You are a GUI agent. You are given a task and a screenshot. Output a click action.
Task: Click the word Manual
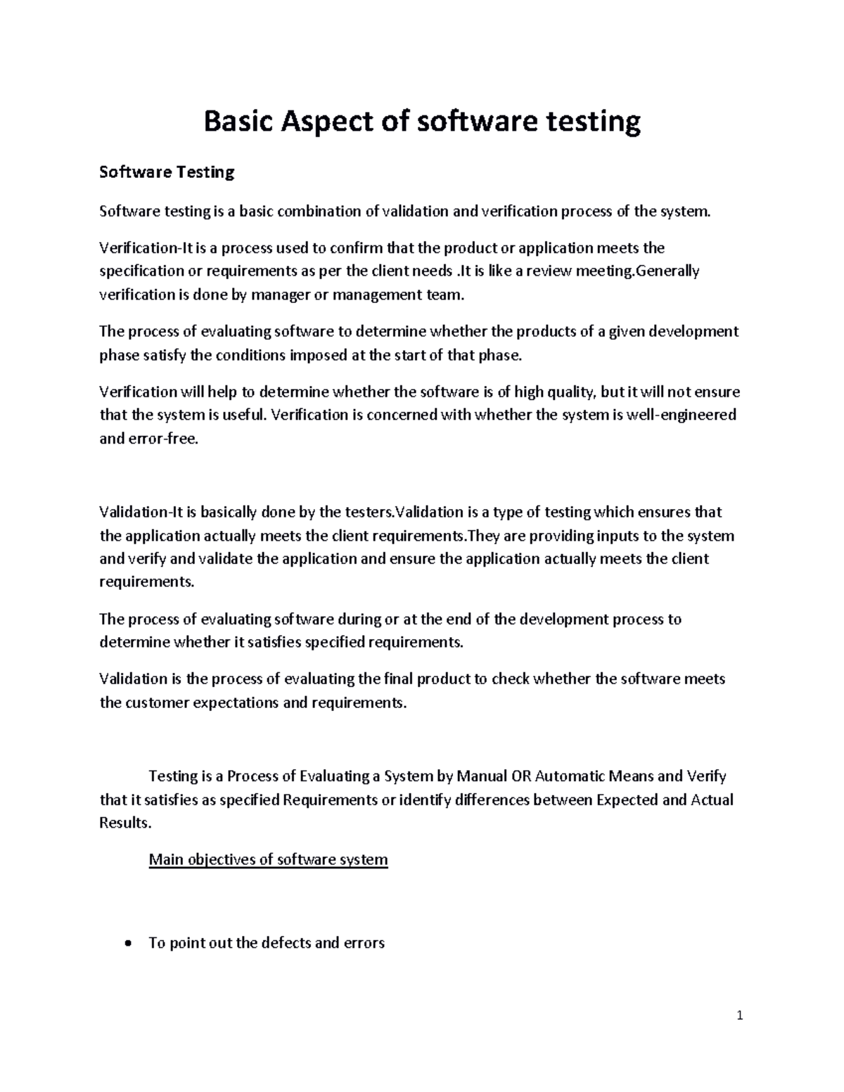(482, 776)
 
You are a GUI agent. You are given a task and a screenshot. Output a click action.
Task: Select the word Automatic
(569, 776)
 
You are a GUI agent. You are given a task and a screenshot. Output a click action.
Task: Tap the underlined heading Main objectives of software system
(268, 859)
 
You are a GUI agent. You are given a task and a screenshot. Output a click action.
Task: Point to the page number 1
(740, 1015)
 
